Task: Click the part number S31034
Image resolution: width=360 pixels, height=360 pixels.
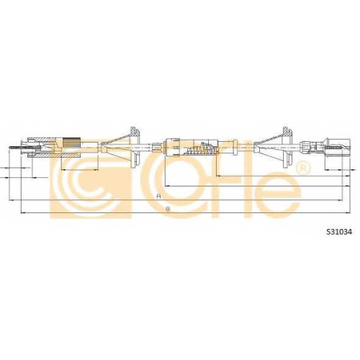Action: pyautogui.click(x=338, y=232)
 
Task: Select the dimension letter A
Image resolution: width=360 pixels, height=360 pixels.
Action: pyautogui.click(x=158, y=197)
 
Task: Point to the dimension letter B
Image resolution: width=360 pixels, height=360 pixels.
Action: pyautogui.click(x=168, y=210)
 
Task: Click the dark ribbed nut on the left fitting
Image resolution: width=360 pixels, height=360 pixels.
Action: pyautogui.click(x=71, y=143)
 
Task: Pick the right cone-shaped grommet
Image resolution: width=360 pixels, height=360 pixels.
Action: pyautogui.click(x=274, y=147)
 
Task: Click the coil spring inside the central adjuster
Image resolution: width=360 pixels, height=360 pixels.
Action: pyautogui.click(x=199, y=149)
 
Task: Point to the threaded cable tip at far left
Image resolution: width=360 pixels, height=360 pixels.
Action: pyautogui.click(x=15, y=147)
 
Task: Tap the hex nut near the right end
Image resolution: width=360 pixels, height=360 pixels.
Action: pyautogui.click(x=305, y=146)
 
